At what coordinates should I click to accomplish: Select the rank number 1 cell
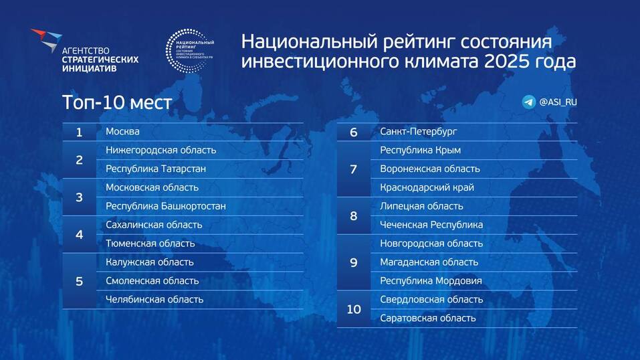tap(79, 132)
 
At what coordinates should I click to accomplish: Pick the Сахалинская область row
tap(154, 225)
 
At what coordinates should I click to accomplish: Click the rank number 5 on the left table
tap(79, 281)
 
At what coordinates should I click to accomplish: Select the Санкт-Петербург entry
tap(418, 132)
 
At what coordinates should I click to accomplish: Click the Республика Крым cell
tap(420, 151)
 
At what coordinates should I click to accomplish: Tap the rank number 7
tap(353, 169)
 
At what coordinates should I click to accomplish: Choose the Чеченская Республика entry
tap(431, 225)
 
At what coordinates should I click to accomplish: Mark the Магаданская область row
tap(429, 262)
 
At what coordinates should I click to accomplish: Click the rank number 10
tap(353, 309)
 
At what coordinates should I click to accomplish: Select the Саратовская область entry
tap(427, 319)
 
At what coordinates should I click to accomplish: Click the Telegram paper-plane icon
tap(529, 102)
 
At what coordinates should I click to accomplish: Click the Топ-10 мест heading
tap(117, 103)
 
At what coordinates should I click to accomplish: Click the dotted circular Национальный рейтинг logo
tap(190, 51)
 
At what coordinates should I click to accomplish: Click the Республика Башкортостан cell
tap(165, 206)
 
